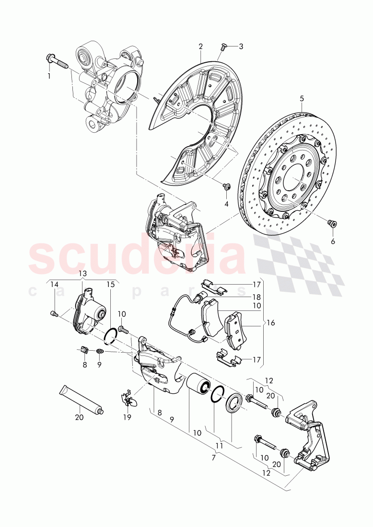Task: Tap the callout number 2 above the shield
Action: point(200,46)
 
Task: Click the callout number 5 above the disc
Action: point(302,98)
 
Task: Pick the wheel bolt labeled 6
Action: point(330,222)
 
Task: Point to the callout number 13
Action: point(82,273)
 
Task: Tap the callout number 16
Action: point(271,323)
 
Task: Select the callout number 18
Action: point(256,297)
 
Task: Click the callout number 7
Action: point(214,458)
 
